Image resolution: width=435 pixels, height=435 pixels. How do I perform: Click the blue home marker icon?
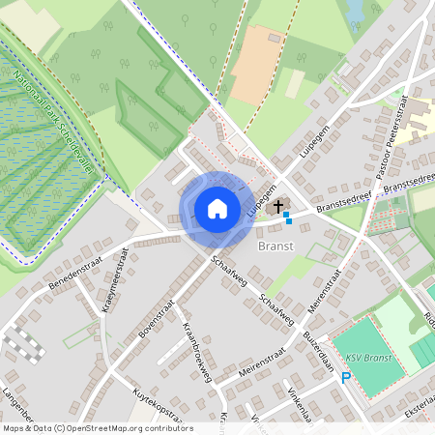(217, 208)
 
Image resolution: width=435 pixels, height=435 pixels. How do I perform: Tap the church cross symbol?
(278, 206)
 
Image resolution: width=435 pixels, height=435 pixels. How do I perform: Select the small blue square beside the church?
(287, 219)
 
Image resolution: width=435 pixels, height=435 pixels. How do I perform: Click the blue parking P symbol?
(345, 378)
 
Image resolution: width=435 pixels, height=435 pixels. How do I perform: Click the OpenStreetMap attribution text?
(97, 427)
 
